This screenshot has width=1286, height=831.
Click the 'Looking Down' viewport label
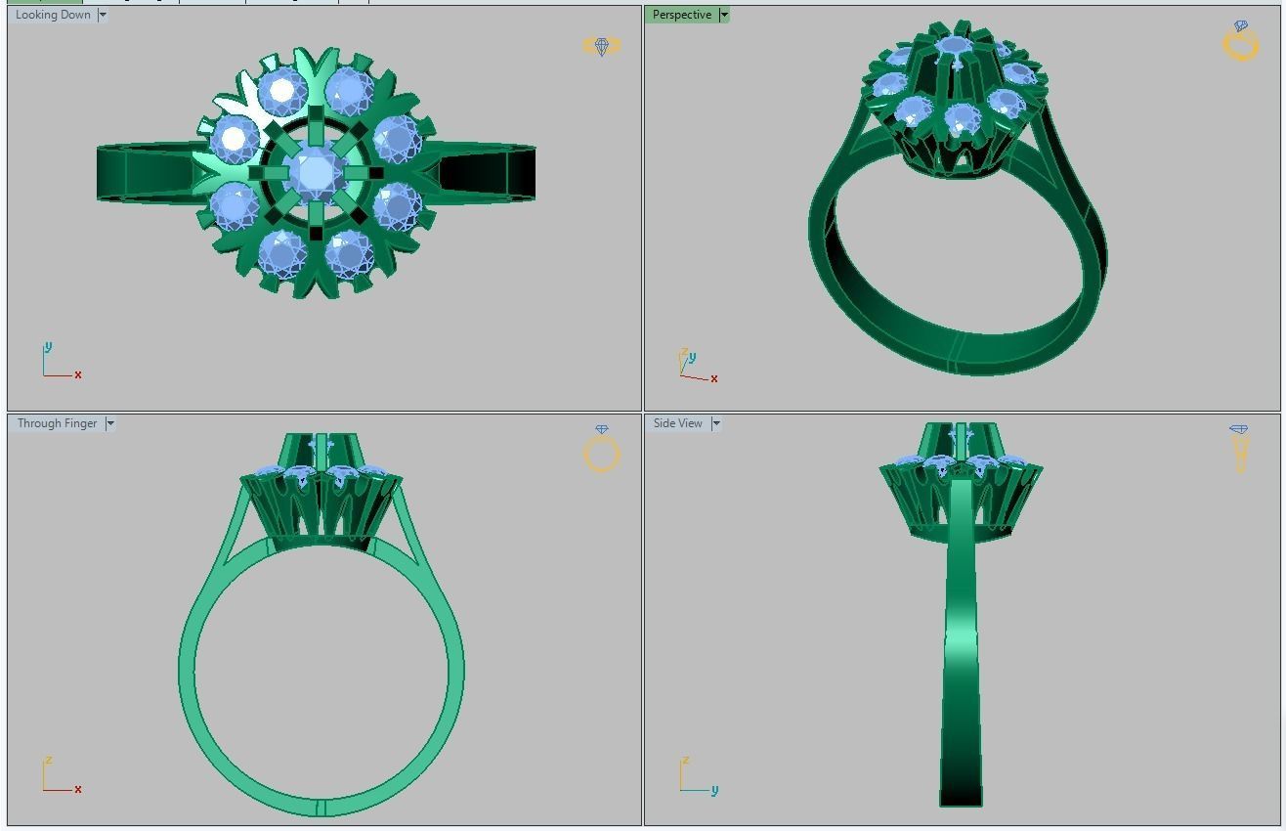(53, 15)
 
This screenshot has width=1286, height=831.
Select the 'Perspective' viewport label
(682, 15)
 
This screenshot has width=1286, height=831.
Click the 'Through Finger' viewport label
(57, 423)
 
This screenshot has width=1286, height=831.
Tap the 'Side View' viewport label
(677, 423)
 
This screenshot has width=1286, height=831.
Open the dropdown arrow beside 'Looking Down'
(103, 15)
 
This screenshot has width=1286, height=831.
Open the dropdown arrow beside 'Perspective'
(723, 15)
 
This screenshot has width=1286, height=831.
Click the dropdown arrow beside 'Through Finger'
(110, 423)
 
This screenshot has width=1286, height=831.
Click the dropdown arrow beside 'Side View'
(716, 423)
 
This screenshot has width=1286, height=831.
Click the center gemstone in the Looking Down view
(315, 173)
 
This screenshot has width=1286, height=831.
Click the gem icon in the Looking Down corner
(601, 46)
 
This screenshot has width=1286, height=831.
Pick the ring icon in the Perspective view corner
(1240, 42)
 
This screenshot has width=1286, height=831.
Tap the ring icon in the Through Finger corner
(601, 451)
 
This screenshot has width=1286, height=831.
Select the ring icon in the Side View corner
(1239, 448)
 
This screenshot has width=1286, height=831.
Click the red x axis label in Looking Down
(78, 374)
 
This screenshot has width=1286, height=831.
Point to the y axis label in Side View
(714, 790)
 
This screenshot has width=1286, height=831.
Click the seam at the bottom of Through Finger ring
(321, 808)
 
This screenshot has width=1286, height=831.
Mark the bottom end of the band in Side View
(961, 797)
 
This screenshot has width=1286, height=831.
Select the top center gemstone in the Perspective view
(953, 46)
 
